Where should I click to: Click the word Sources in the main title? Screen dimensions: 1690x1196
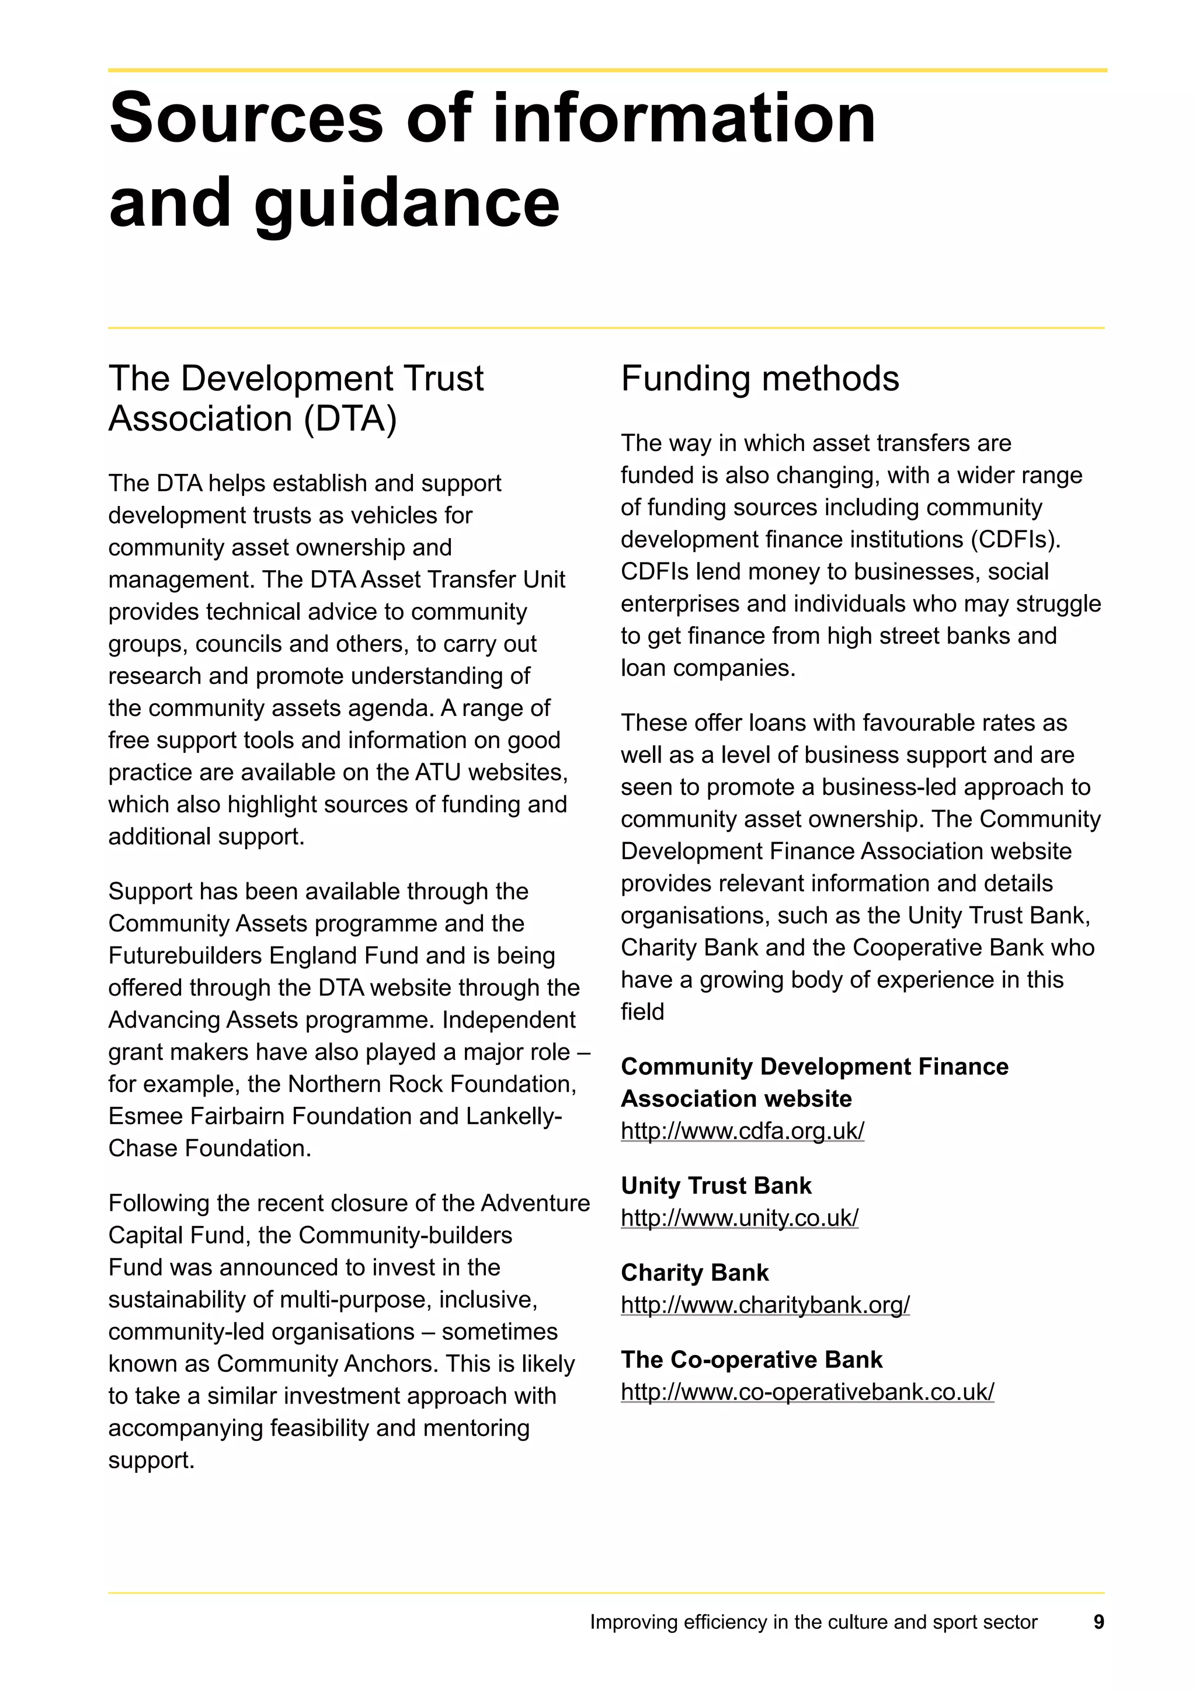246,119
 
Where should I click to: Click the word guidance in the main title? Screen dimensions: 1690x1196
406,203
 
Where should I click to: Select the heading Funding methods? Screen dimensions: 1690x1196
759,379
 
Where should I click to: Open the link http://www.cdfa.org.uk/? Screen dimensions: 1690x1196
742,1130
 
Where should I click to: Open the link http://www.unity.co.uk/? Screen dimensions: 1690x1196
739,1217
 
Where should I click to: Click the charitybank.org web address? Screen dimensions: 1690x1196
764,1304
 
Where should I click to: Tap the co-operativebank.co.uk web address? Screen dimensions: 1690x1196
806,1391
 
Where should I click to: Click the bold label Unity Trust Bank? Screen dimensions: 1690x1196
715,1186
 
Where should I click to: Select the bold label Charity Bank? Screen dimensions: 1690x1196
694,1273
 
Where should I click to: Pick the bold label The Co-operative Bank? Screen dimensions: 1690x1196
750,1360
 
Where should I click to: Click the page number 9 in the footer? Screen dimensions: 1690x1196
1098,1622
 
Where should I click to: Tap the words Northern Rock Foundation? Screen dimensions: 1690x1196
431,1084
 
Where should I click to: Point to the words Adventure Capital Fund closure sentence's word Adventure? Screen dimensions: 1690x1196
536,1203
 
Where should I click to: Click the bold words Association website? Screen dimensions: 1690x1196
736,1099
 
